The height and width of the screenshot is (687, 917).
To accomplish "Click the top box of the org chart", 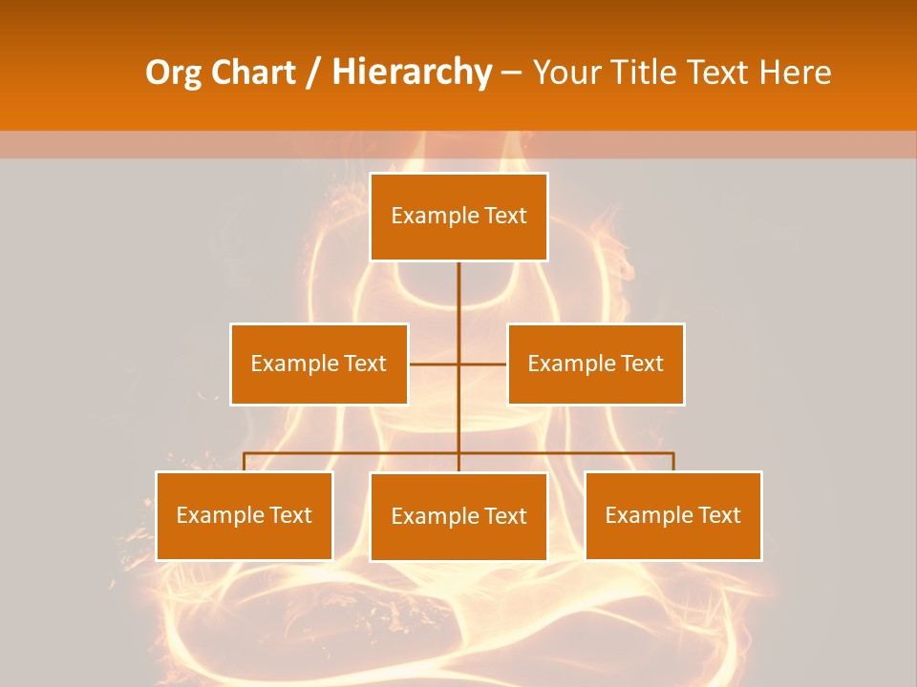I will click(x=458, y=217).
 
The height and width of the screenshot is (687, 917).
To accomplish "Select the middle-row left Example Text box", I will click(x=319, y=364).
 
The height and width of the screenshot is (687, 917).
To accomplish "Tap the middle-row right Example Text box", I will click(x=596, y=364).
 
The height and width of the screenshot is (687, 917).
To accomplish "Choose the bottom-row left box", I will click(x=245, y=515).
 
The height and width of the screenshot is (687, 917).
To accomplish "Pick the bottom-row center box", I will click(x=458, y=516).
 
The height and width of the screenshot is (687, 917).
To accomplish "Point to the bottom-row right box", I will click(x=673, y=515).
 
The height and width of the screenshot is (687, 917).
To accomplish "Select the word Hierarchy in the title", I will click(x=412, y=73).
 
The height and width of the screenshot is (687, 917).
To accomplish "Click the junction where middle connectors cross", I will click(x=458, y=364).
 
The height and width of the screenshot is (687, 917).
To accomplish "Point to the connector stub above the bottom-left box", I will click(x=245, y=462).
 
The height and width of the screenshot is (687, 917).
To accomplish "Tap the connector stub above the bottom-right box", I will click(x=673, y=462).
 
